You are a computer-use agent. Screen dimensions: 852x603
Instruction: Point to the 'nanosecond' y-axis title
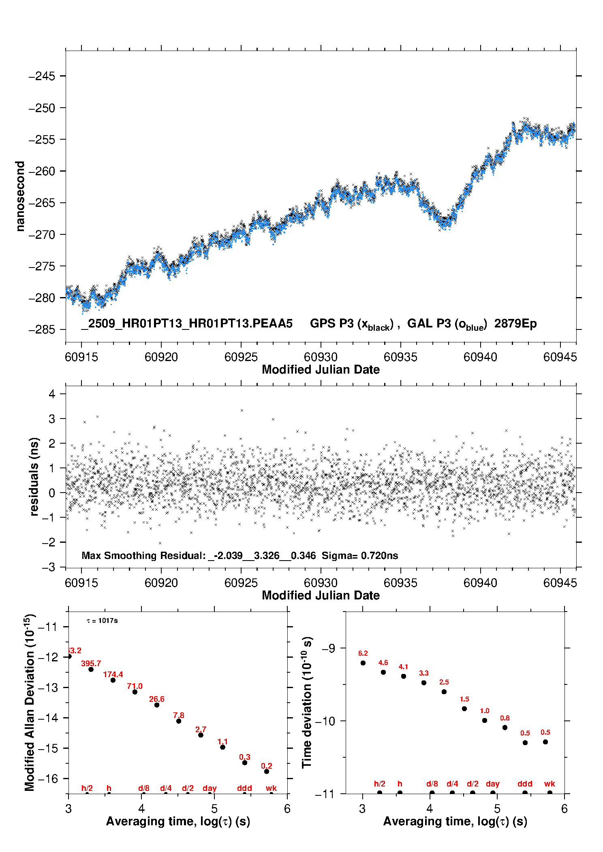[x=20, y=196]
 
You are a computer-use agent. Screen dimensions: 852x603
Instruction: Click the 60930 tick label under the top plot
[x=321, y=357]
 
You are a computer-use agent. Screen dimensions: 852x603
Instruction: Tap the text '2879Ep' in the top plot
[x=515, y=324]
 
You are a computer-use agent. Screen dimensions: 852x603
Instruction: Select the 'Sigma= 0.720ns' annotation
[x=360, y=555]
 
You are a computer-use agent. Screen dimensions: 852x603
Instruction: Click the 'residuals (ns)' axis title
[x=34, y=476]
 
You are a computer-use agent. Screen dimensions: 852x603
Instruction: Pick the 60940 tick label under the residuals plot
[x=480, y=583]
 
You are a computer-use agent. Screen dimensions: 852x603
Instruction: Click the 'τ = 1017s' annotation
[x=102, y=620]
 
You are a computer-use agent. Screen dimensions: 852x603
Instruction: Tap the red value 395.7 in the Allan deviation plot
[x=91, y=663]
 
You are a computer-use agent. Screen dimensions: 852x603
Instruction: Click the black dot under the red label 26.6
[x=157, y=705]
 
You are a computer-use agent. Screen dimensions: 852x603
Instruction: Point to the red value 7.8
[x=179, y=715]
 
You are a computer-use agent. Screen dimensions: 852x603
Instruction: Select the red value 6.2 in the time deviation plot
[x=363, y=653]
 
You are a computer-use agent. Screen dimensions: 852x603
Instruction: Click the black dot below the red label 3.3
[x=424, y=682]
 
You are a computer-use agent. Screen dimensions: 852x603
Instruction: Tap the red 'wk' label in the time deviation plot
[x=550, y=784]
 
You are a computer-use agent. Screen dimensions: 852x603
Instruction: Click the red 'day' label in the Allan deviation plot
[x=210, y=788]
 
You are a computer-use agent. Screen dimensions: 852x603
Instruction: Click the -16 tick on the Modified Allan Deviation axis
[x=48, y=778]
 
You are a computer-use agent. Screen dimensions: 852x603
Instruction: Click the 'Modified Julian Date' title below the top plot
[x=321, y=370]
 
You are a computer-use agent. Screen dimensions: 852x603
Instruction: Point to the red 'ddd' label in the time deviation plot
[x=525, y=784]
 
